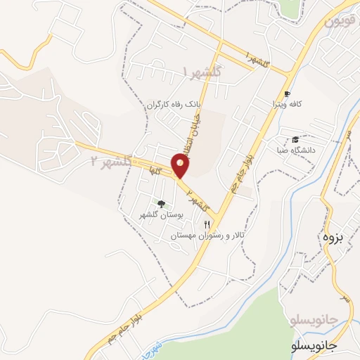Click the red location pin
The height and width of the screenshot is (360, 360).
pyautogui.click(x=181, y=166)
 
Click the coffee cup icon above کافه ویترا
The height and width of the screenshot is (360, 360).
pyautogui.click(x=287, y=94)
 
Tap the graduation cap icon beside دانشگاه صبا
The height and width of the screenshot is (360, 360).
pyautogui.click(x=295, y=139)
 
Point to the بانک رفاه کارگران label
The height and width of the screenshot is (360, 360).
pyautogui.click(x=174, y=104)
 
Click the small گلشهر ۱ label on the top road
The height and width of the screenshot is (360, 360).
pyautogui.click(x=255, y=59)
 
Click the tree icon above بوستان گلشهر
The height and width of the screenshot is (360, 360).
pyautogui.click(x=162, y=204)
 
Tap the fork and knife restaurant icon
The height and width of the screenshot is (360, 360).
pyautogui.click(x=207, y=224)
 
